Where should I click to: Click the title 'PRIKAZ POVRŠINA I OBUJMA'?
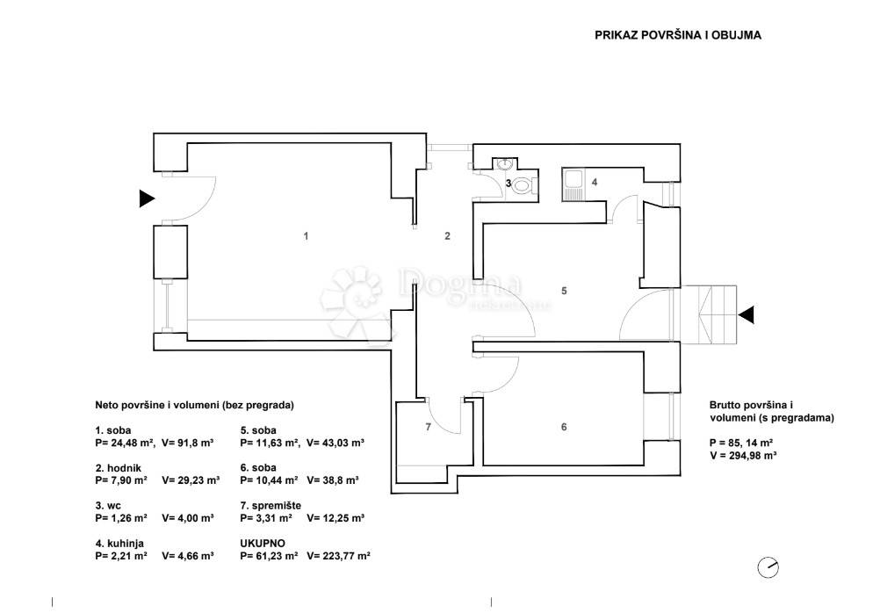click(677, 35)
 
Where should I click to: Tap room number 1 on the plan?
click(306, 236)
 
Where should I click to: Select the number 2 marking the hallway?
click(447, 236)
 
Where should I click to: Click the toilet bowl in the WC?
click(524, 184)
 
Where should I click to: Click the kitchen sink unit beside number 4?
click(573, 184)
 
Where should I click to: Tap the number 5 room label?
click(564, 291)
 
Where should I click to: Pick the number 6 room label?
click(564, 427)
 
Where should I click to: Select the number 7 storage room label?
click(428, 427)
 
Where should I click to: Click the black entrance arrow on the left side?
click(147, 198)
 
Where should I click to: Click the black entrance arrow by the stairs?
click(747, 315)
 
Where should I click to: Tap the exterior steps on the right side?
click(709, 314)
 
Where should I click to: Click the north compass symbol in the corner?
click(768, 568)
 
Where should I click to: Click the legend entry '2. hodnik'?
click(118, 468)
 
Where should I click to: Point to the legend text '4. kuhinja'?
click(119, 544)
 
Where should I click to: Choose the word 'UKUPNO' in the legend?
click(263, 544)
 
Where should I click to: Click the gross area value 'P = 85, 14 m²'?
click(741, 444)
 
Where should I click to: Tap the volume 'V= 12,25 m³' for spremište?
click(335, 518)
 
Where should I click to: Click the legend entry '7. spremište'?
click(271, 506)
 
